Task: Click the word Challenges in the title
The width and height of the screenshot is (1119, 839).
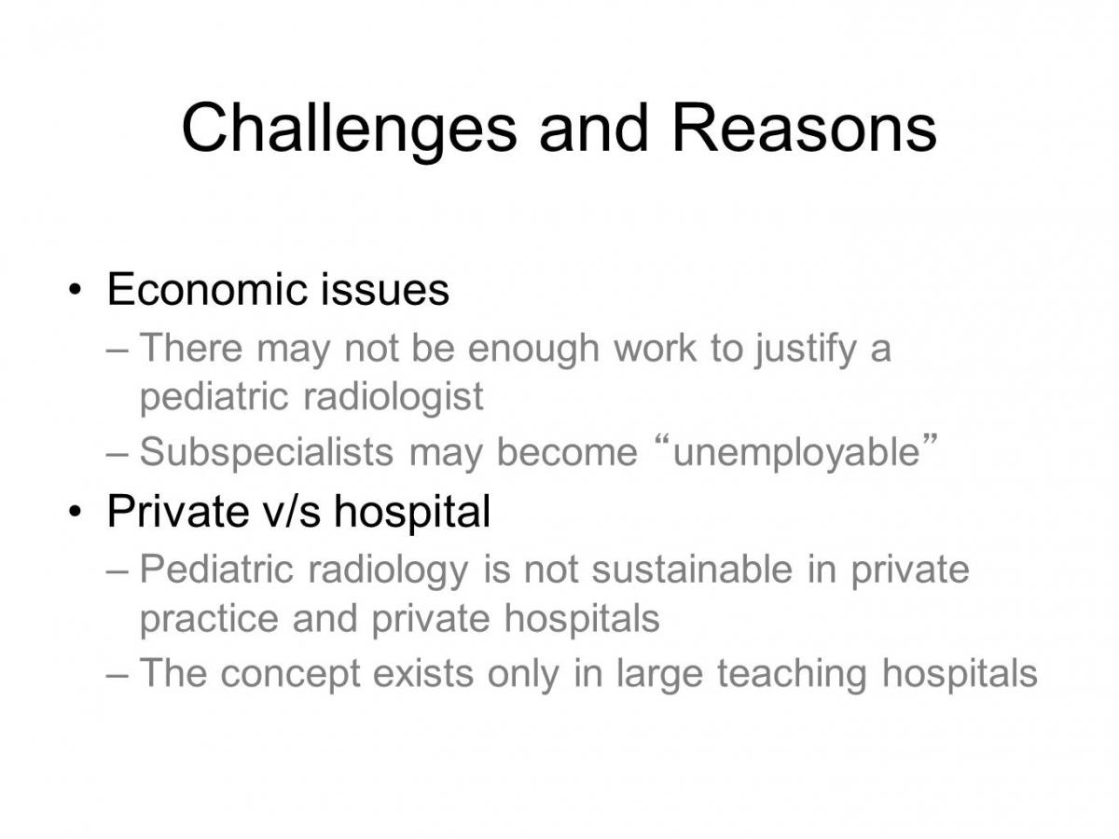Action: click(349, 131)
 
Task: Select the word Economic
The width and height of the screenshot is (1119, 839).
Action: click(206, 289)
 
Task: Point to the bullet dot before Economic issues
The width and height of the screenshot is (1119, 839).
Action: click(75, 290)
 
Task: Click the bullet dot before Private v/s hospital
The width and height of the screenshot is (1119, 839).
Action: click(75, 512)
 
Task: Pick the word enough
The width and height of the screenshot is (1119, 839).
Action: click(533, 350)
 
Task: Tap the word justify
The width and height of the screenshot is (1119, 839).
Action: click(806, 350)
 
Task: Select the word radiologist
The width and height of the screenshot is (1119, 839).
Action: click(394, 398)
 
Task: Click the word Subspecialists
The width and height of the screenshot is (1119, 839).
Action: click(266, 452)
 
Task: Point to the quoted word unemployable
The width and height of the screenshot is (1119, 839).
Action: click(795, 452)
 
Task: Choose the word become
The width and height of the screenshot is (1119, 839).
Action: click(567, 452)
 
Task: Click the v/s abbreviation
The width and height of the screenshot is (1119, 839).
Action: click(292, 512)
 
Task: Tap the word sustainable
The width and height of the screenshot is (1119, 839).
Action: click(692, 570)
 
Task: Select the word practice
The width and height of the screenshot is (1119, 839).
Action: click(209, 619)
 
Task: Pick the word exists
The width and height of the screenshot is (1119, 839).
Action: click(423, 673)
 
